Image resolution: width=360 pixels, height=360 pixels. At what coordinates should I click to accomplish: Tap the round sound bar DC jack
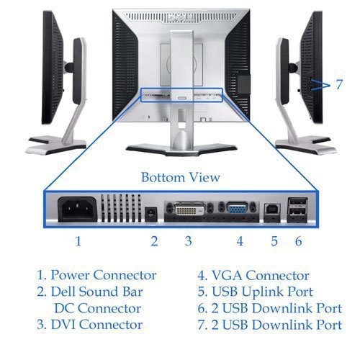(x=151, y=212)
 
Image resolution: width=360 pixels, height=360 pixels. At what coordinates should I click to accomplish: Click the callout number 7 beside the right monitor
(x=338, y=85)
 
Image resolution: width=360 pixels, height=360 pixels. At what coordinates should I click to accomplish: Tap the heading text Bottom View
(x=180, y=176)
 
